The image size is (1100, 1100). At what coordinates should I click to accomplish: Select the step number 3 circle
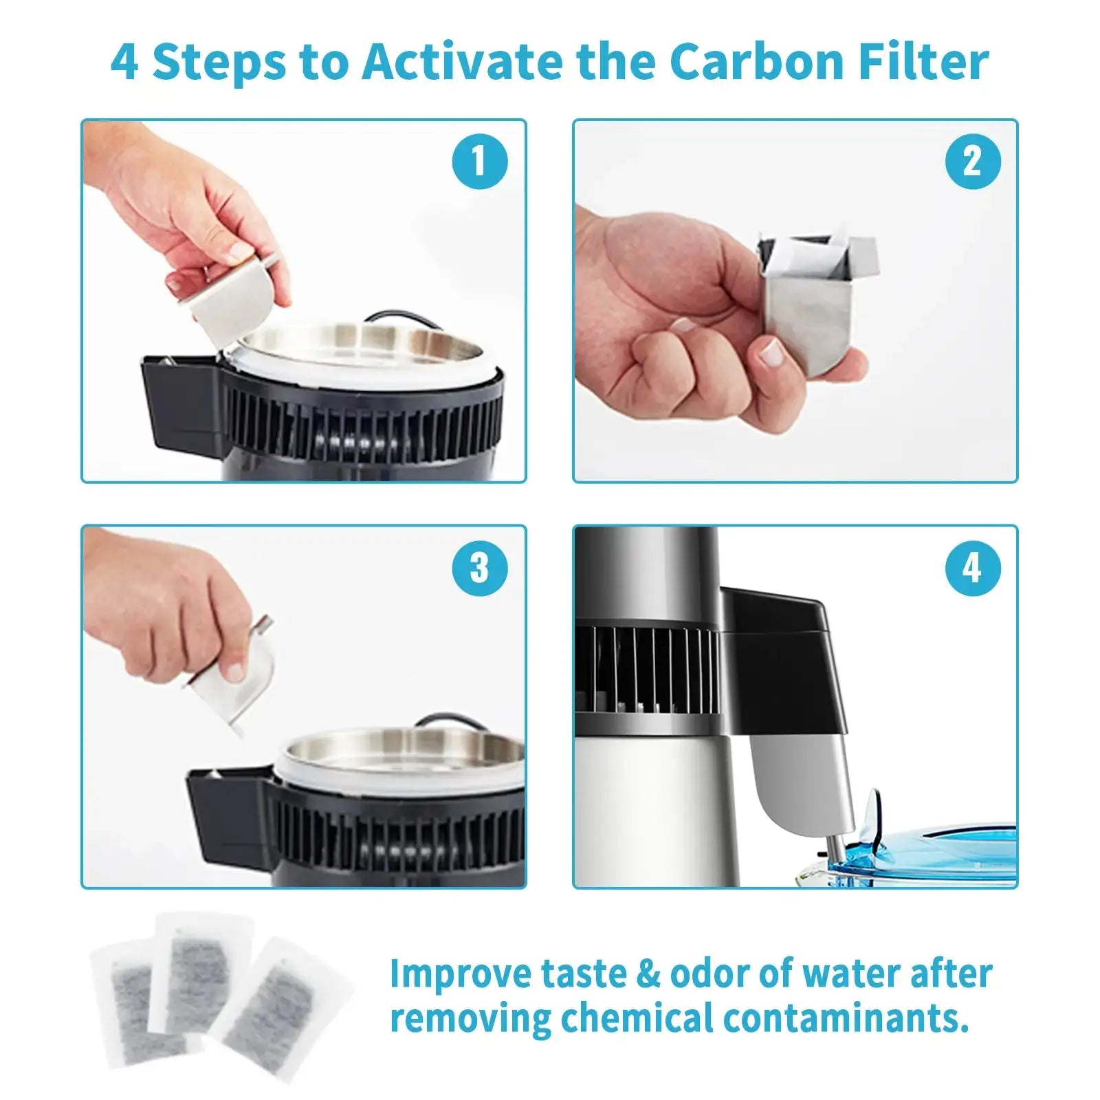tap(479, 567)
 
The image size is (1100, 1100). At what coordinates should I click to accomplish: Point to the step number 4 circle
tap(971, 567)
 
